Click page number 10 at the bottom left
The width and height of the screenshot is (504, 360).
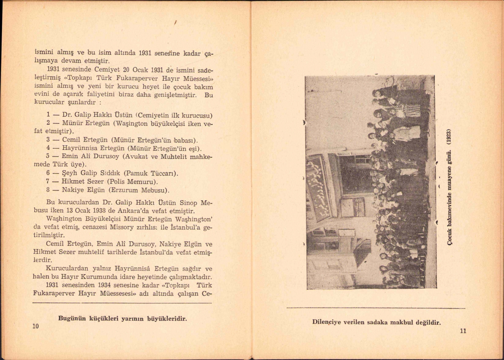36,326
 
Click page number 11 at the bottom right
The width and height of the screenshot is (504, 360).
463,331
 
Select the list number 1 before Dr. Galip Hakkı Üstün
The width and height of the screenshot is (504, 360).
49,115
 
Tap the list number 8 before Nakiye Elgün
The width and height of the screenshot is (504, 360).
48,190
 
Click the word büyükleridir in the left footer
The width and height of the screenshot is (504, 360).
167,319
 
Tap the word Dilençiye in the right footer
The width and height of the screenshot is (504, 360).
327,322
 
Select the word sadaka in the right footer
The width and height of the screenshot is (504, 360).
379,322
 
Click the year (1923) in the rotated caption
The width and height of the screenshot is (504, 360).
452,137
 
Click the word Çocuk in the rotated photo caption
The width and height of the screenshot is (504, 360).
452,238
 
